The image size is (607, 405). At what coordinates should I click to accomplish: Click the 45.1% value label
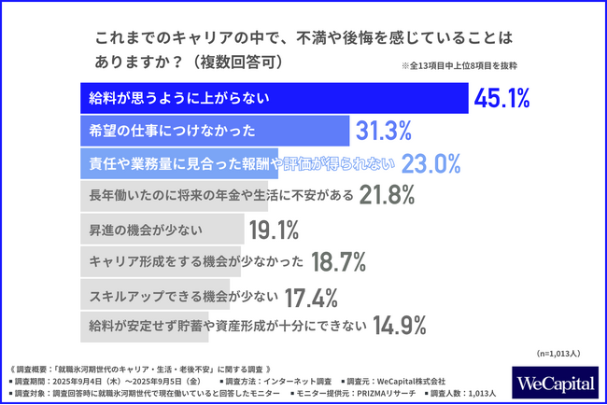pos(503,97)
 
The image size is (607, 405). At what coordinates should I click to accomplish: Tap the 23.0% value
pos(431,162)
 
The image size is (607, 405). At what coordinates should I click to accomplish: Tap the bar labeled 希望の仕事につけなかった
pos(210,130)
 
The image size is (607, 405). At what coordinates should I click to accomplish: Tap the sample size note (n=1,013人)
pos(558,354)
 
